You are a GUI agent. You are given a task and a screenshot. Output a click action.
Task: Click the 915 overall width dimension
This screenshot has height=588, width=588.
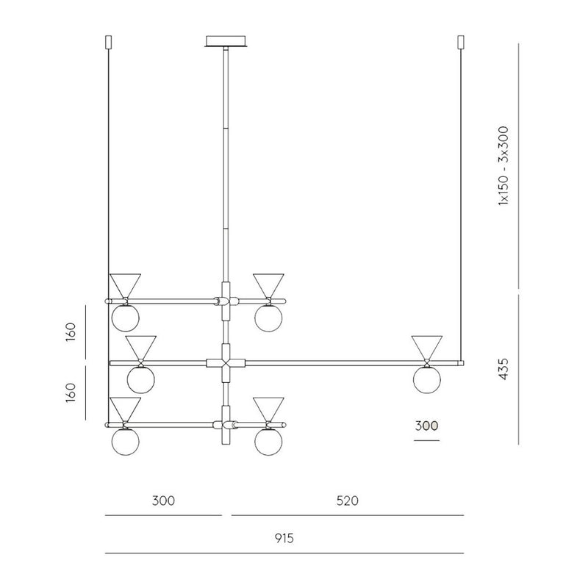tap(284, 539)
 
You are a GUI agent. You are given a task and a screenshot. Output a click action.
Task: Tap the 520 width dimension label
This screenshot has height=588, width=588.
tap(347, 501)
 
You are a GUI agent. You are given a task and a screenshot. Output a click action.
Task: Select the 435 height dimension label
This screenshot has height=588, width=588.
tap(503, 369)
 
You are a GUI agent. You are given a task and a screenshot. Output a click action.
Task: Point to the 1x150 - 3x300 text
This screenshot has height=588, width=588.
tap(503, 166)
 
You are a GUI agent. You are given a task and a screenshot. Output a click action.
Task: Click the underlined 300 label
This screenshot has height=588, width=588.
tap(426, 426)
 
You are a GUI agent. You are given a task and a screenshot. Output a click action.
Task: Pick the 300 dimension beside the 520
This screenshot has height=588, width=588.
tap(163, 501)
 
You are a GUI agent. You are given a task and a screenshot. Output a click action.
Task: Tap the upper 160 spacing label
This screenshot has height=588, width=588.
tap(71, 331)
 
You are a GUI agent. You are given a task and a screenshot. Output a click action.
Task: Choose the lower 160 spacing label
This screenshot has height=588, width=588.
tap(71, 392)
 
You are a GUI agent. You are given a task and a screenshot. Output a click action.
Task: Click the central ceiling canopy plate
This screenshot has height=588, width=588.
tap(226, 41)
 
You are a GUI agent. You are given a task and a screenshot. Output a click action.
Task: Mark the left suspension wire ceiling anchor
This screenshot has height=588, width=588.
tap(109, 42)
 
